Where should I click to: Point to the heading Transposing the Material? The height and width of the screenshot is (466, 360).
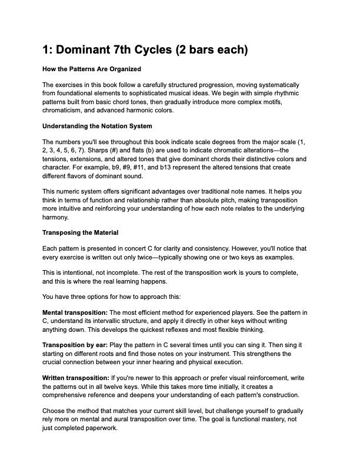(81, 232)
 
